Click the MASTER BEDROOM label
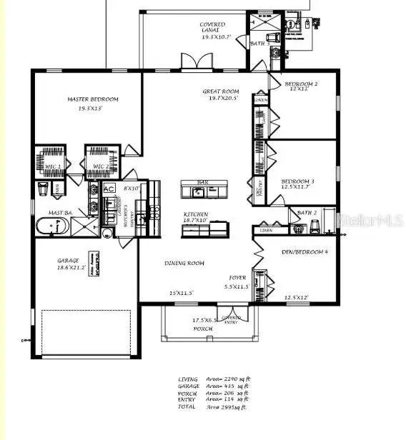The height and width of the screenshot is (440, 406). (x=93, y=99)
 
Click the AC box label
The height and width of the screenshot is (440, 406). (x=109, y=189)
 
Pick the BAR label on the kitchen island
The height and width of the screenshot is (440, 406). (x=203, y=183)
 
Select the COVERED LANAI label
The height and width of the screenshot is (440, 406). (x=212, y=25)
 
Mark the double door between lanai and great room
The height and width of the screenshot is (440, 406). (x=192, y=64)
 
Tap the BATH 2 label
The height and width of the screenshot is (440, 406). (x=307, y=212)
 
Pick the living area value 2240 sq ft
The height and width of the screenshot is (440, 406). (x=238, y=379)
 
